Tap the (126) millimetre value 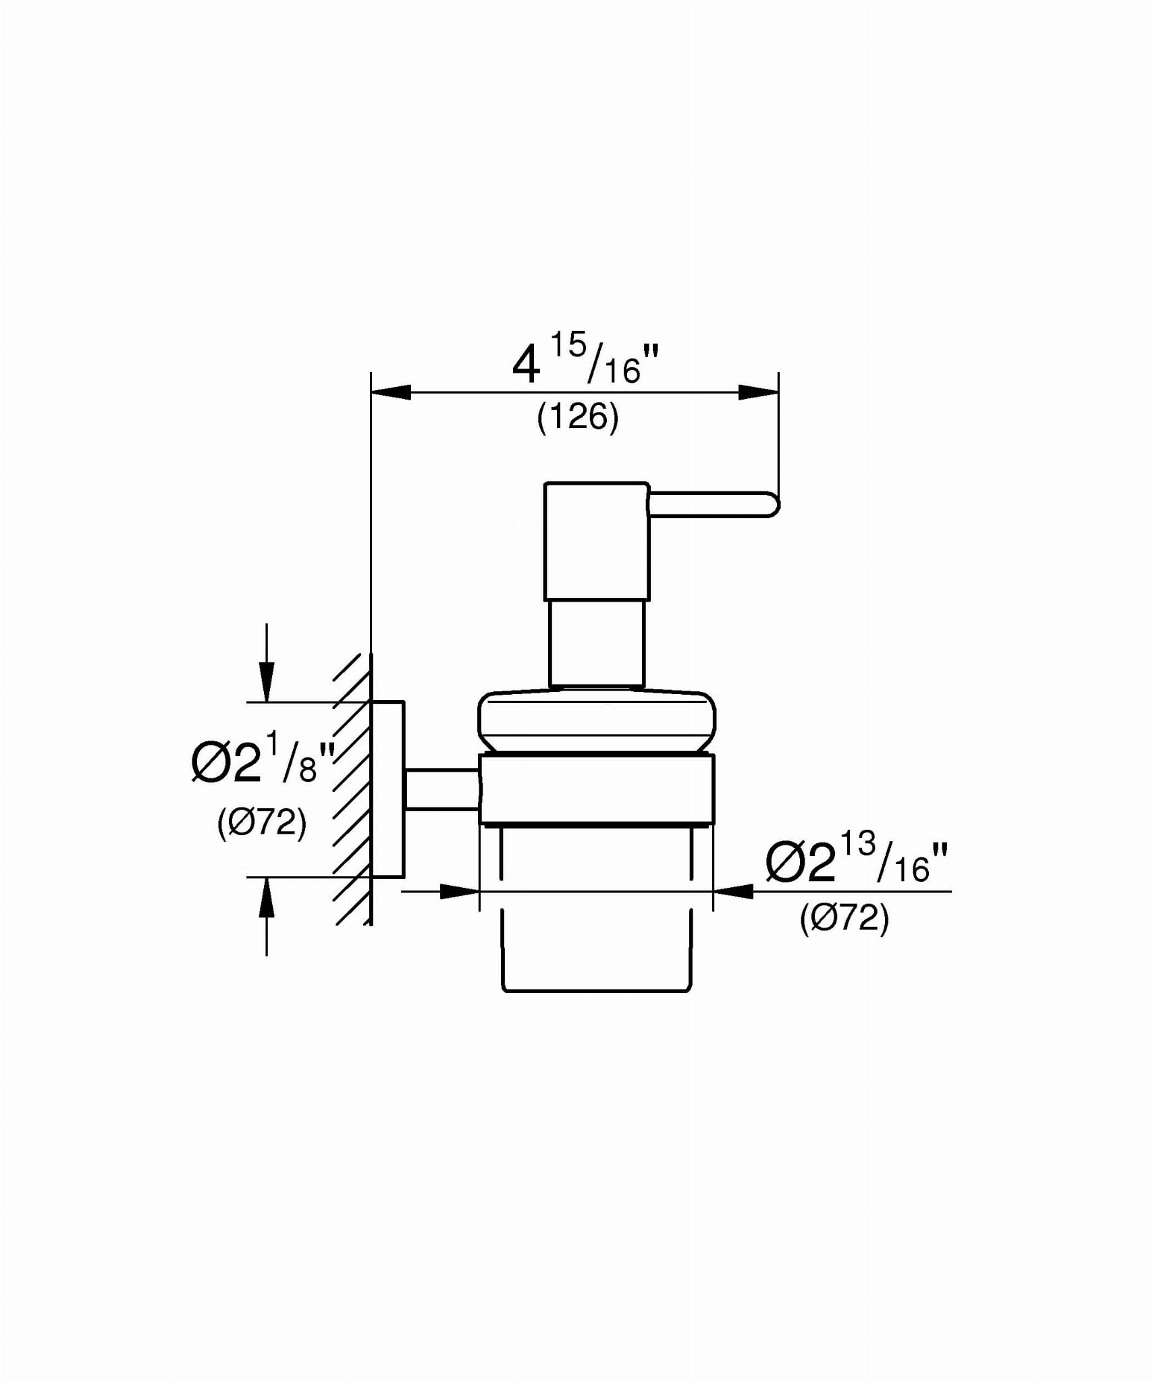click(578, 417)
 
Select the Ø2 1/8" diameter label click(264, 762)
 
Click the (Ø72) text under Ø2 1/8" click(262, 823)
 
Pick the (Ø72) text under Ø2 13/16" click(844, 918)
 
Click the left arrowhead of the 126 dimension click(391, 392)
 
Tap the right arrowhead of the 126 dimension click(758, 392)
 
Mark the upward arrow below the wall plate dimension click(267, 916)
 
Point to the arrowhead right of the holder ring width click(733, 891)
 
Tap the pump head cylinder click(597, 541)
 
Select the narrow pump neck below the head click(597, 644)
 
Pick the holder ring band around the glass click(597, 789)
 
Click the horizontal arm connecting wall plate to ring click(441, 789)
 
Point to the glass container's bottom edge click(597, 991)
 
